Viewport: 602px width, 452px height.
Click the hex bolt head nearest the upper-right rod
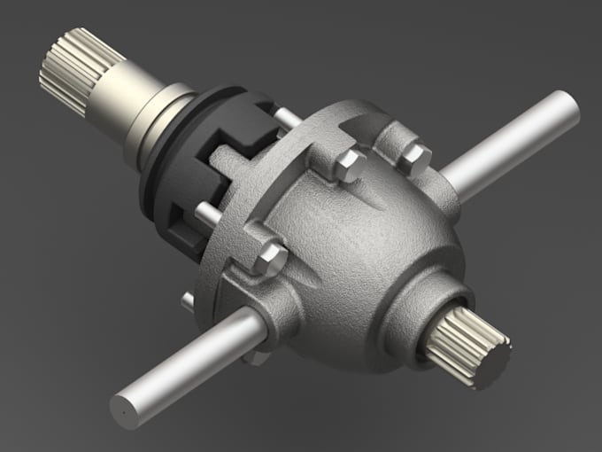coord(413,157)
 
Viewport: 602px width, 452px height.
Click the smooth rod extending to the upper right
coord(513,142)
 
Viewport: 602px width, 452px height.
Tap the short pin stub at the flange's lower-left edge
coord(189,301)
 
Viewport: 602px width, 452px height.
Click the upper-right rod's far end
coord(567,106)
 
